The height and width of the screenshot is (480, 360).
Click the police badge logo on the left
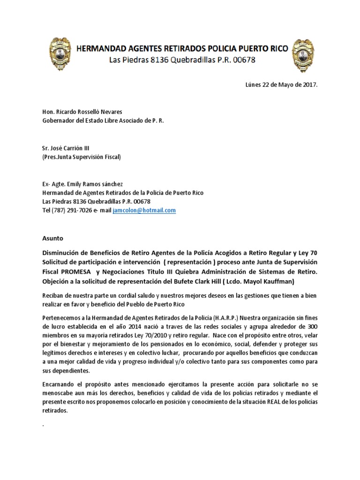(61, 55)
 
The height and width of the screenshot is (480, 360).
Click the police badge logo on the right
(303, 55)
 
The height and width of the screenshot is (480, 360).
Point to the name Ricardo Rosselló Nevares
(89, 112)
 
